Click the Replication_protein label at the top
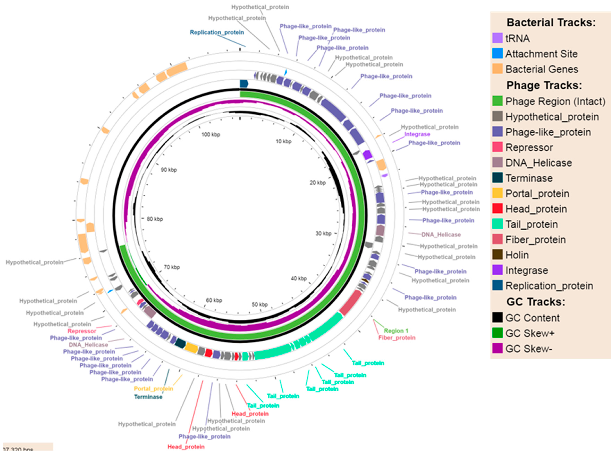[x=217, y=32]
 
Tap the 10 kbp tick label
[x=284, y=141]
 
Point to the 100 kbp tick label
[x=211, y=134]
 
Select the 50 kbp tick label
[x=260, y=304]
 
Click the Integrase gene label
[x=417, y=134]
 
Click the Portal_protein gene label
[x=153, y=389]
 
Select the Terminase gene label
[x=148, y=397]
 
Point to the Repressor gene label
[x=82, y=331]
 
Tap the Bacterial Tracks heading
[x=551, y=23]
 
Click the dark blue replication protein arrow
[x=244, y=84]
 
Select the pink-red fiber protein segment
[x=351, y=302]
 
